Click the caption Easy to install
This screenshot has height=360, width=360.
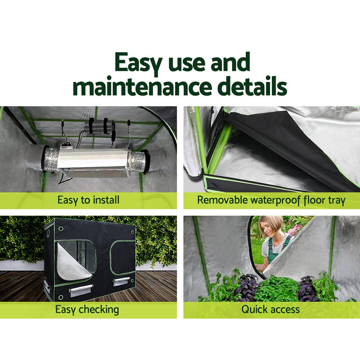pos(88,200)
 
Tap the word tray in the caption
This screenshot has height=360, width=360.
pos(334,201)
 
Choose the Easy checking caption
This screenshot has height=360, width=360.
pos(87,309)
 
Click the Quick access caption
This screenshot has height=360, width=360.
pos(270,309)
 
